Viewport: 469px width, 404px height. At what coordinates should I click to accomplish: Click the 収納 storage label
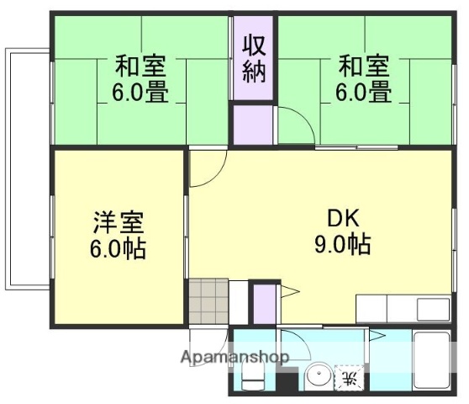pyautogui.click(x=254, y=58)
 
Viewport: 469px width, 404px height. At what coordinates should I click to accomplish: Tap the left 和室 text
pyautogui.click(x=140, y=65)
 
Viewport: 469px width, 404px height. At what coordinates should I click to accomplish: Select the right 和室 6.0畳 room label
pyautogui.click(x=364, y=77)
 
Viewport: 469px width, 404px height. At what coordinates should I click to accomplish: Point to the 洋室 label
pyautogui.click(x=119, y=224)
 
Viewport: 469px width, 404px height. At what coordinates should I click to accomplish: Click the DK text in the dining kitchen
pyautogui.click(x=344, y=220)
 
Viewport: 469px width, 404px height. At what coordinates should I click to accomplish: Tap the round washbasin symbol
pyautogui.click(x=319, y=376)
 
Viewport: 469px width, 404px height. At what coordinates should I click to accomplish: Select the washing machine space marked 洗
pyautogui.click(x=347, y=378)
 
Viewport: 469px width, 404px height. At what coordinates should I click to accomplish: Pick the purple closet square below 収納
pyautogui.click(x=253, y=124)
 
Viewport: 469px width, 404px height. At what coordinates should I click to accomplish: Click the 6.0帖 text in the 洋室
pyautogui.click(x=119, y=250)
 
